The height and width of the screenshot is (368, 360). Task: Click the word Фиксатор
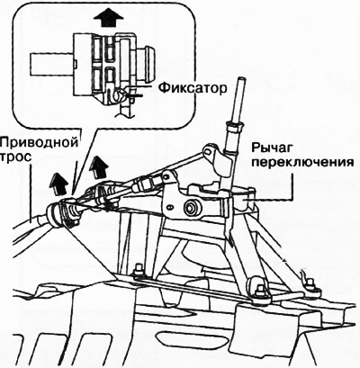193,88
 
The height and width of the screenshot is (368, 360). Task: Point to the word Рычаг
272,148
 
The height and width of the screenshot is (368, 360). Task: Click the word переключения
302,162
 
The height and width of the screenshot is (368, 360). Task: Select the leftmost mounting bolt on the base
139,269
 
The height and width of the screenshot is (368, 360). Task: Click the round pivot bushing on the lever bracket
191,207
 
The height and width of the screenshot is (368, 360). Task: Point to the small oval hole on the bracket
170,207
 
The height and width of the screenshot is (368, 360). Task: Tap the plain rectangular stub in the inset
51,64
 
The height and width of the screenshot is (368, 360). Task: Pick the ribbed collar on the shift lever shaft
234,125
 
